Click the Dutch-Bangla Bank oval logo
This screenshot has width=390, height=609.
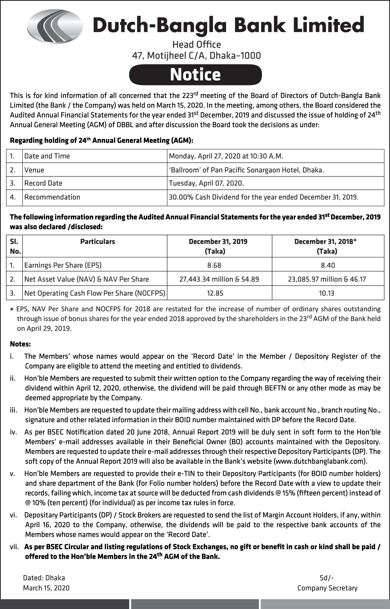55,26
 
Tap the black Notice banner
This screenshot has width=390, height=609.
195,75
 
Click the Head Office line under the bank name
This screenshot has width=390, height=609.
197,45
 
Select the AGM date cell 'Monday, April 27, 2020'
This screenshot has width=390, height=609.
226,156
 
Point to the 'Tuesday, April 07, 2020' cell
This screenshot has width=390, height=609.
206,183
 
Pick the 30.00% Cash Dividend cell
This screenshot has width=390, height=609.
263,197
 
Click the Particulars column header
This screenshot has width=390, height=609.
97,242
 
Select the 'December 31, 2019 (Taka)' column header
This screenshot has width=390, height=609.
218,246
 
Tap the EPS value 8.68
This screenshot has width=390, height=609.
214,265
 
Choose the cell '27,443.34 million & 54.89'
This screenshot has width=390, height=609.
219,279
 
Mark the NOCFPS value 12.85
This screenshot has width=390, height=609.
215,293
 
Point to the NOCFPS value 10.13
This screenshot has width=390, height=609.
327,293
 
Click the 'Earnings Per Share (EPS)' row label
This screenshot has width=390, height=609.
63,265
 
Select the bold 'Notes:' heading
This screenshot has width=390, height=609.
20,344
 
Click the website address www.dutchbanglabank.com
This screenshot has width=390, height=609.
320,461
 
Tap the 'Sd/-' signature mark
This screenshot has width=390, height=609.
327,578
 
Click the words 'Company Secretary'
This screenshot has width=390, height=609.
327,588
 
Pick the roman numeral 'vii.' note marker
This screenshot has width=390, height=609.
14,547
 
